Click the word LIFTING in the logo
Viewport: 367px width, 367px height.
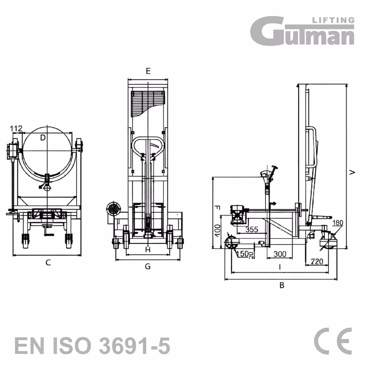333,20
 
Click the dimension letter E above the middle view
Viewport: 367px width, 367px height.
148,71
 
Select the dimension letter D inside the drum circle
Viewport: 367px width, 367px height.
43,138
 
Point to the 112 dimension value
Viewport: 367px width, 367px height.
16,128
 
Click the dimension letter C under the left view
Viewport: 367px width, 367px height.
48,263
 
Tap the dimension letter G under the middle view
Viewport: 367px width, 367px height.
148,266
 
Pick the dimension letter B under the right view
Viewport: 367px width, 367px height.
282,285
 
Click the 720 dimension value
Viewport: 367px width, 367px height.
317,261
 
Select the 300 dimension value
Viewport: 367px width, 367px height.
280,254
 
